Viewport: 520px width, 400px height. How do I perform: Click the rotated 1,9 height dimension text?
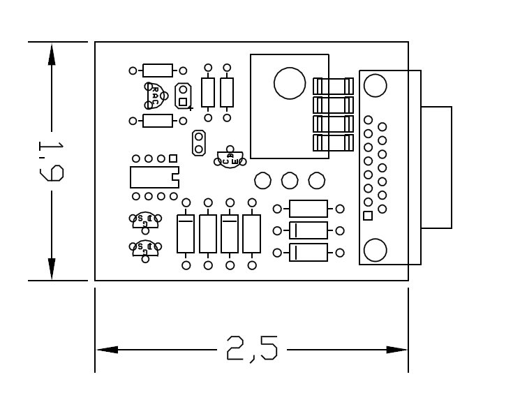[51, 161]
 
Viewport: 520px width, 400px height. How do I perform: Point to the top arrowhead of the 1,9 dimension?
[51, 54]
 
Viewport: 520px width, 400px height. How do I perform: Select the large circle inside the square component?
[290, 83]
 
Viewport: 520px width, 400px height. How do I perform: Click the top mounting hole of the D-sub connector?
[375, 86]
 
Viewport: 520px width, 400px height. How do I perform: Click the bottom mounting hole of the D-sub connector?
[375, 250]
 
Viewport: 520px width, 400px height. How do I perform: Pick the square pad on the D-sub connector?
[368, 216]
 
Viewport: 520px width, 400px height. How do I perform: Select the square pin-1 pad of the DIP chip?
[173, 159]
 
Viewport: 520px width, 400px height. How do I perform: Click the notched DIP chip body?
[154, 177]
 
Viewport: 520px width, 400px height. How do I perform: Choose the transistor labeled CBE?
[229, 158]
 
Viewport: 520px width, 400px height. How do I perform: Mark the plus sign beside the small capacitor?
[191, 108]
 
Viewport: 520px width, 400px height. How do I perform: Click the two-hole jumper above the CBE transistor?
[199, 142]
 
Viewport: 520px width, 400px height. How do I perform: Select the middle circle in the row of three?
[290, 181]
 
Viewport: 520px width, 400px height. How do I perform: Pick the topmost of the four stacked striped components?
[333, 86]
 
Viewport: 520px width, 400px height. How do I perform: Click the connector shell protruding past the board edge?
[436, 168]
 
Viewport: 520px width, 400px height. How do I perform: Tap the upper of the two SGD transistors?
[145, 221]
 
